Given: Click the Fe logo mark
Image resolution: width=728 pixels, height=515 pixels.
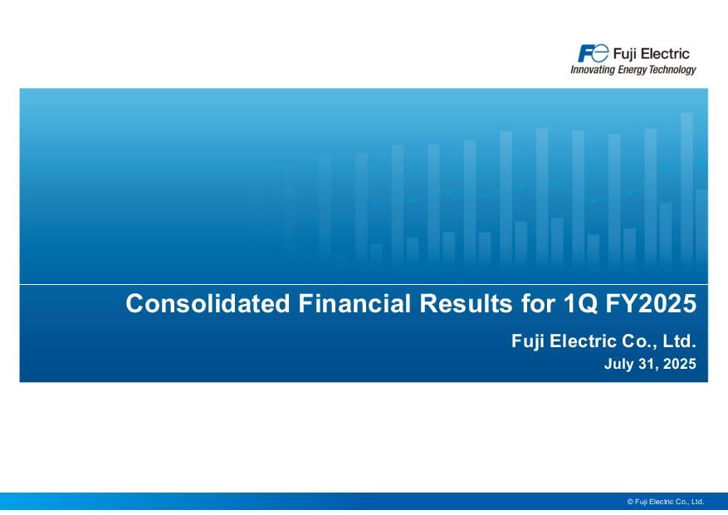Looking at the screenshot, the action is click(593, 53).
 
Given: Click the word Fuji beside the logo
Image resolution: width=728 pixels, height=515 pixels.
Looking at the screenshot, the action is click(624, 54).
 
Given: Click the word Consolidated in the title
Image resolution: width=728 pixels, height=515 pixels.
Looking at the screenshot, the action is click(208, 303).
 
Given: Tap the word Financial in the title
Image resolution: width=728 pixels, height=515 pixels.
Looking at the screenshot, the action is click(354, 303).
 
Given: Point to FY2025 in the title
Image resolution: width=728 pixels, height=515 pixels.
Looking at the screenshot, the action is click(651, 303).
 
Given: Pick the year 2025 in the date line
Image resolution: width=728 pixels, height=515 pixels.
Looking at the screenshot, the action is click(680, 364).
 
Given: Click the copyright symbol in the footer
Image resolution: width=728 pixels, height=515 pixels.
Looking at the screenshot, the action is click(630, 502).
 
